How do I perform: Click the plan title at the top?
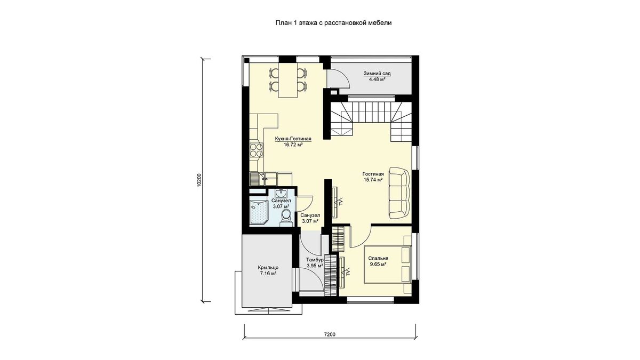(333, 23)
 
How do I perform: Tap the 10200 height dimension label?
(199, 180)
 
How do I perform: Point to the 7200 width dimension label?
(330, 334)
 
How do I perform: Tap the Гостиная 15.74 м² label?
(373, 177)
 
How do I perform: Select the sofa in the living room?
(399, 194)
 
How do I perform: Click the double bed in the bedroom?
(388, 264)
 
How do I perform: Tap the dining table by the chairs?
(287, 80)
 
